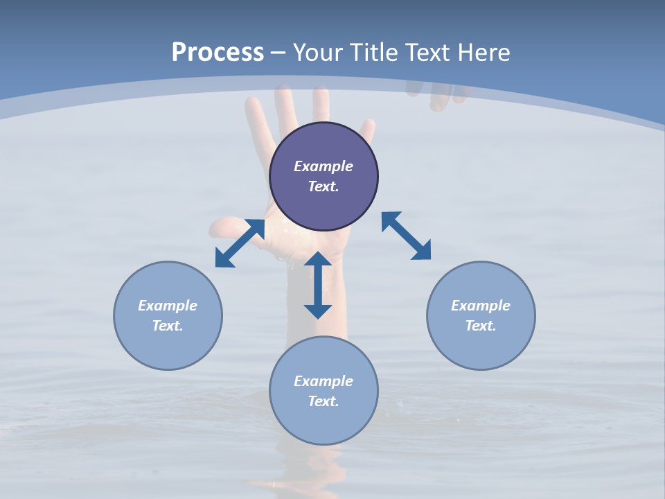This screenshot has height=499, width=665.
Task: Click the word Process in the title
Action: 218,52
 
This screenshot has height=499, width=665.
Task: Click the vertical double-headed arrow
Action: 318,285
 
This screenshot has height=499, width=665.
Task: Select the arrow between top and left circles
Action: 240,243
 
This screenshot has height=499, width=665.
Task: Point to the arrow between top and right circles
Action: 406,236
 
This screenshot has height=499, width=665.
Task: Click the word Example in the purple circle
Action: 323,166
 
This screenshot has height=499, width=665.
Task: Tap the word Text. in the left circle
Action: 168,326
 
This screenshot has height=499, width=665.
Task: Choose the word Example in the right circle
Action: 481,306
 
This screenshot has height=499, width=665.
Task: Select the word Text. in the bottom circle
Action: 323,401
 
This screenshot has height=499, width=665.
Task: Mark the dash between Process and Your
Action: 278,53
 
